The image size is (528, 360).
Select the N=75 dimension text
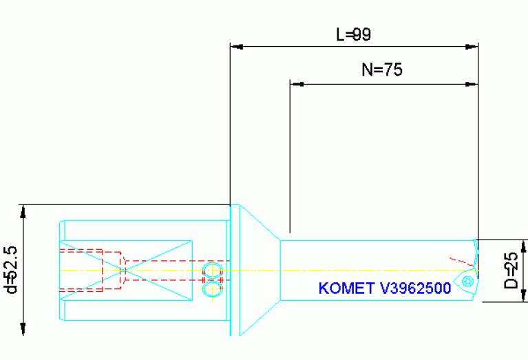[x=381, y=70]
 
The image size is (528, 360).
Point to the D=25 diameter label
[x=511, y=271]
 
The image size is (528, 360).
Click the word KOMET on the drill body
[x=343, y=288]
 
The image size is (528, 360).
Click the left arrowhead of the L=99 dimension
[x=236, y=47]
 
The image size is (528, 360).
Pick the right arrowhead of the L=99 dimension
[x=472, y=47]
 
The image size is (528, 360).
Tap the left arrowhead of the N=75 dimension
[x=297, y=84]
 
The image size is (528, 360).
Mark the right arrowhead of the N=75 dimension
[x=472, y=84]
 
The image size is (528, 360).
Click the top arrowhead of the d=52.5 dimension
[x=24, y=211]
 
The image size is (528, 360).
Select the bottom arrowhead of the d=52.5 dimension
[x=24, y=330]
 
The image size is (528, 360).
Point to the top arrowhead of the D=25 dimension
[x=525, y=246]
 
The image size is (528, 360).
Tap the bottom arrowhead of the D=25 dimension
[x=525, y=296]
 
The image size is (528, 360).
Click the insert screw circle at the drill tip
[x=469, y=281]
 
